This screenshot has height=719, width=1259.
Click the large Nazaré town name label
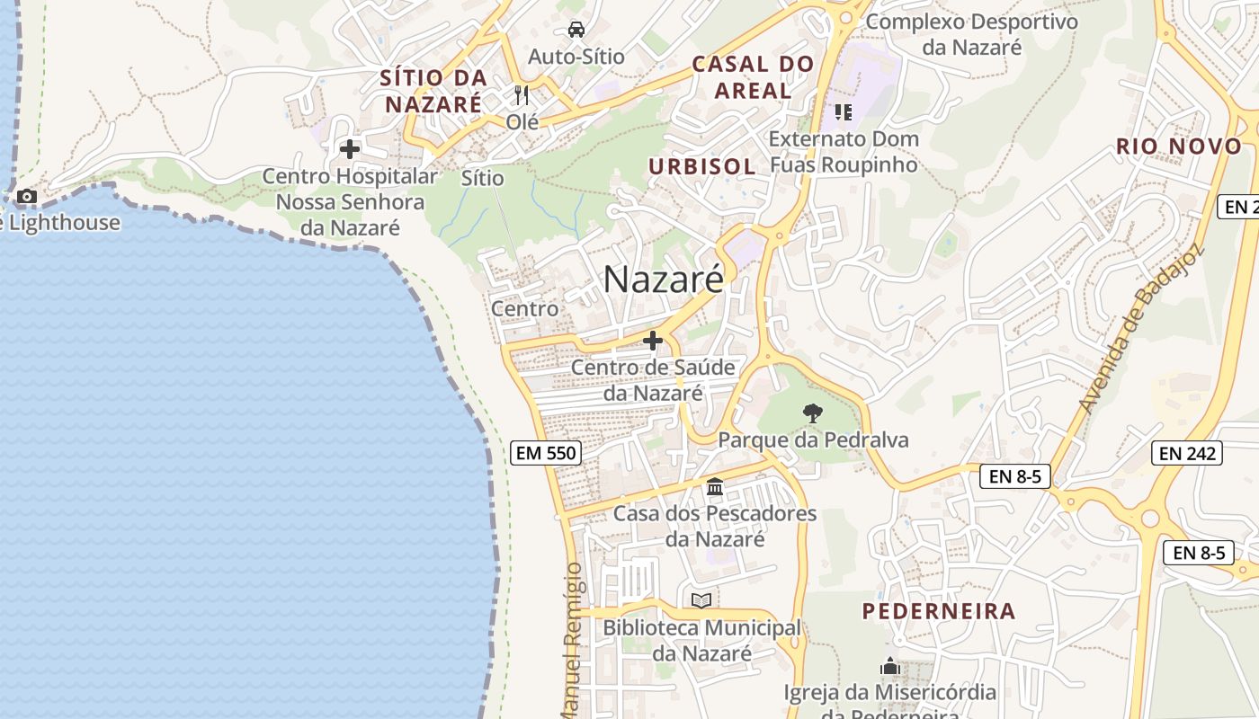pyautogui.click(x=663, y=280)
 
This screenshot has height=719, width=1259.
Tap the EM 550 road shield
pyautogui.click(x=546, y=453)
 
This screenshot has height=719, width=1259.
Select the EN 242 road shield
pyautogui.click(x=1188, y=453)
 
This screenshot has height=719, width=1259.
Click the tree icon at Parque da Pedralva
pyautogui.click(x=812, y=413)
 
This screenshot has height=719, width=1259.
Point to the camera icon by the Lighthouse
pyautogui.click(x=27, y=196)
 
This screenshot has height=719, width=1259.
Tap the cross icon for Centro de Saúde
pyautogui.click(x=653, y=341)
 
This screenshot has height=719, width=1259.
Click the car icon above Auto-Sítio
pyautogui.click(x=576, y=30)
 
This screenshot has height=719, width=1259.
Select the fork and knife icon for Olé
pyautogui.click(x=522, y=94)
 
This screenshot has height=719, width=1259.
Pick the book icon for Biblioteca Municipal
pyautogui.click(x=701, y=600)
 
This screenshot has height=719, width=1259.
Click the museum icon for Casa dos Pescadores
pyautogui.click(x=715, y=487)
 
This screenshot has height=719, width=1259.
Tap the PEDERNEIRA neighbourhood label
pyautogui.click(x=939, y=611)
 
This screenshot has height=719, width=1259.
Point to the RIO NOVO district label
pyautogui.click(x=1178, y=146)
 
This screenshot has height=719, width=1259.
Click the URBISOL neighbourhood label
pyautogui.click(x=701, y=166)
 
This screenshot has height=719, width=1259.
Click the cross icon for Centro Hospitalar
pyautogui.click(x=350, y=148)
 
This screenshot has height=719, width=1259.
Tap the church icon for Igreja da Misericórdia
pyautogui.click(x=890, y=667)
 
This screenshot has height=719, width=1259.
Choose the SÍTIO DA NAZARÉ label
pyautogui.click(x=433, y=90)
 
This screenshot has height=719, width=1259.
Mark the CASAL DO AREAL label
pyautogui.click(x=753, y=76)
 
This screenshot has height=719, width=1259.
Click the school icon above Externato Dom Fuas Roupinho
pyautogui.click(x=843, y=111)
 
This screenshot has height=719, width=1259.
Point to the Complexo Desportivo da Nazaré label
pyautogui.click(x=972, y=33)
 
